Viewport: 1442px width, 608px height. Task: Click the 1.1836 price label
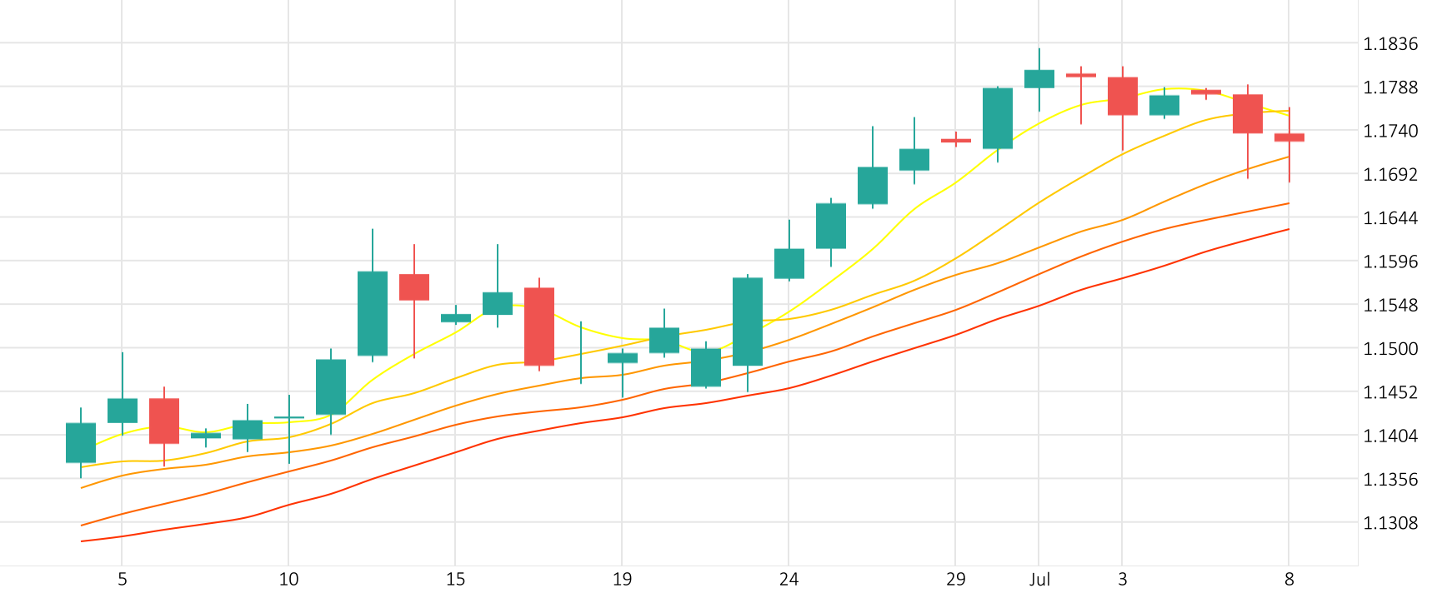[1389, 44]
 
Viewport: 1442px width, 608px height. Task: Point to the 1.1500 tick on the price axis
[1389, 349]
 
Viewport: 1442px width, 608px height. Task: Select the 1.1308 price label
[1389, 523]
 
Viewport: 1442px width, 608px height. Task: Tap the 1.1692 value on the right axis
[1389, 175]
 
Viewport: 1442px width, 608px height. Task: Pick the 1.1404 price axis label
[1389, 436]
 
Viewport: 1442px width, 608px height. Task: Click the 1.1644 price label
[1389, 218]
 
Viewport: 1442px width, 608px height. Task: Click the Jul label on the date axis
[1039, 580]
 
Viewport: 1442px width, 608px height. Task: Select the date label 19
[622, 580]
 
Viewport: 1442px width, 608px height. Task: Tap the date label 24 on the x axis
[789, 580]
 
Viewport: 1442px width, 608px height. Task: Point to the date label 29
[955, 580]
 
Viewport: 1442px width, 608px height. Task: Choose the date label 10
[288, 580]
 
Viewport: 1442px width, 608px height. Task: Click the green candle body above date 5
[123, 411]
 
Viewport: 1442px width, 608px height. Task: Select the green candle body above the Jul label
[1039, 79]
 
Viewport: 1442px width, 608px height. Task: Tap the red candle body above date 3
[1123, 96]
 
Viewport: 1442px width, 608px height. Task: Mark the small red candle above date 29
[956, 141]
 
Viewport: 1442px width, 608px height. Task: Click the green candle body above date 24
[789, 263]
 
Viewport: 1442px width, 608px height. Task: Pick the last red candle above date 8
[1289, 137]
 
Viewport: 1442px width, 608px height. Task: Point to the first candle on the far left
[81, 442]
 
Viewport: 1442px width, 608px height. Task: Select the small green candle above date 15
[456, 318]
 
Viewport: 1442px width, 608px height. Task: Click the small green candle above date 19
[623, 358]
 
